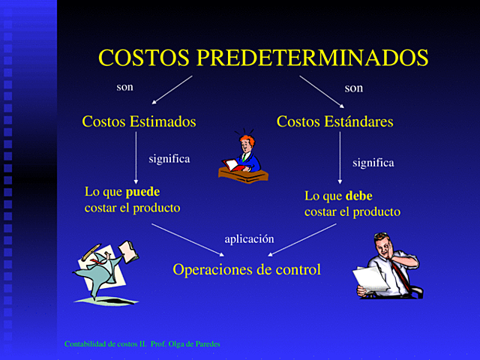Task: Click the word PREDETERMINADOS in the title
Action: tap(312, 58)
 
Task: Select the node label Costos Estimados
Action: tap(139, 121)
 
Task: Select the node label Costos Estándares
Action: tap(334, 121)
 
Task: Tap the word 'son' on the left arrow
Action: tap(124, 87)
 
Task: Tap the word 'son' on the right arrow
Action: tap(353, 88)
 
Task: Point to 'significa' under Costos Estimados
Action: tap(169, 159)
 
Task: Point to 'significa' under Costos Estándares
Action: tap(373, 162)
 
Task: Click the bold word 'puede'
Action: tap(142, 191)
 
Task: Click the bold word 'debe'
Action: tap(358, 196)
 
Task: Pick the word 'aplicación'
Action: tap(249, 238)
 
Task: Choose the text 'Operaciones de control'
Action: tap(247, 269)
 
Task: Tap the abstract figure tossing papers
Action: tap(104, 269)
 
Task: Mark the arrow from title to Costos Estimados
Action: tap(172, 89)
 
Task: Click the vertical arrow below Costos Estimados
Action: tap(136, 157)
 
